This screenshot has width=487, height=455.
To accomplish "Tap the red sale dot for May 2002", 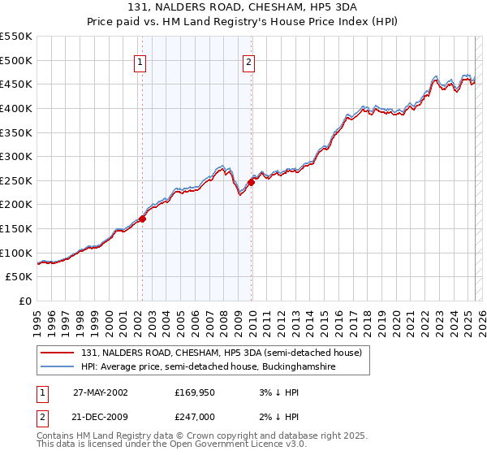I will tap(142, 219).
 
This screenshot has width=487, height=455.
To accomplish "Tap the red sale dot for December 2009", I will tap(251, 182).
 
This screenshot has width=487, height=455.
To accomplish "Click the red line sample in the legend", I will tap(58, 353).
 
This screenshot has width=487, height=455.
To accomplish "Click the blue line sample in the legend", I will tap(58, 367).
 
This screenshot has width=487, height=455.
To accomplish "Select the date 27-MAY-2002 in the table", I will tap(101, 392).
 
